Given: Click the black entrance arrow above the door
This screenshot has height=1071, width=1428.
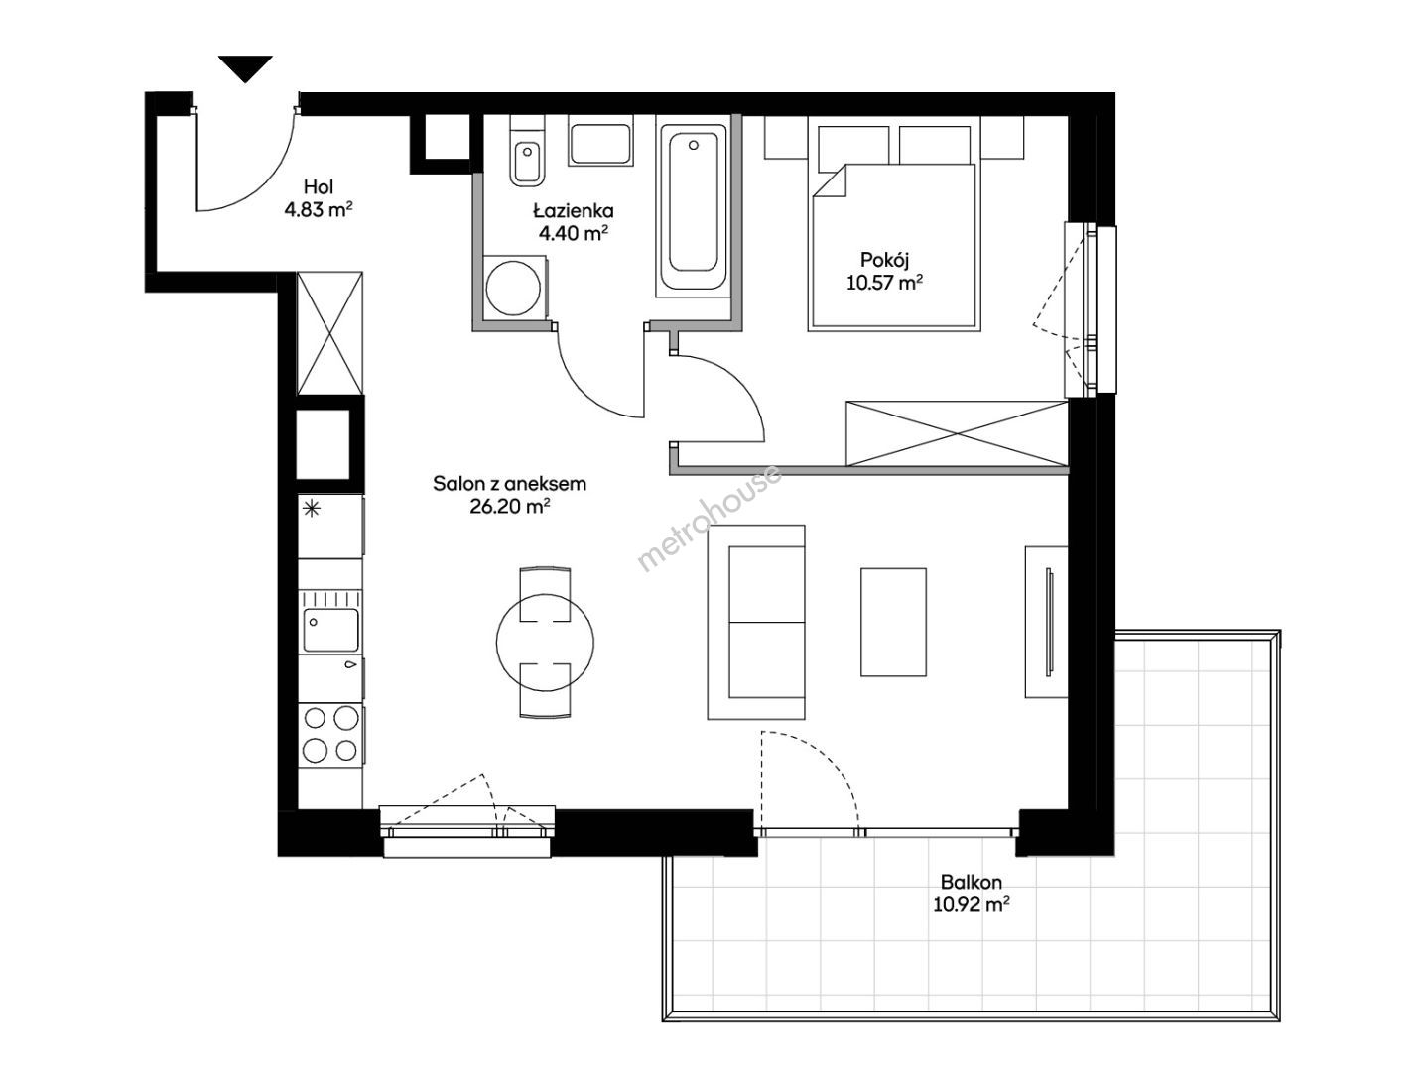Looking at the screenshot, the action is pos(245,68).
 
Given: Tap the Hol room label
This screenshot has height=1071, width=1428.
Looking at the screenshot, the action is pos(319,187).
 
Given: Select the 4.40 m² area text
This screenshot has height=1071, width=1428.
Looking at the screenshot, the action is pos(574,233).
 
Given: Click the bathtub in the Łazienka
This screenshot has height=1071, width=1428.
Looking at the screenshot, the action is pos(693,206).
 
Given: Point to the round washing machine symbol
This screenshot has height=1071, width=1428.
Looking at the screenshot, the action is pos(513,289).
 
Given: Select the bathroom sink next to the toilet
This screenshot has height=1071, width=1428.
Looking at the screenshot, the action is pos(599,141).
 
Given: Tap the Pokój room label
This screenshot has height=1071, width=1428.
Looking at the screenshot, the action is pos(884,260).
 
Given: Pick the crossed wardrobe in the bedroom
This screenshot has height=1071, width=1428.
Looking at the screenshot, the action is pos(957,433).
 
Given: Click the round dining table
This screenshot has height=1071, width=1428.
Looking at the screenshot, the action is pos(545,642).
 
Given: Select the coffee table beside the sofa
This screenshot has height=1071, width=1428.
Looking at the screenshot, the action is pos(893,622).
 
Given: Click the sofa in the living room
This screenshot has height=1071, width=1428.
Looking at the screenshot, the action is pos(756,622).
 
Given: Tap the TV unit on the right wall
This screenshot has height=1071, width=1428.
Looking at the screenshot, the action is pos(1046,622).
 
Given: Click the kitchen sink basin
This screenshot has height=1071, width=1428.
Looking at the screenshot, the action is pos(331,630).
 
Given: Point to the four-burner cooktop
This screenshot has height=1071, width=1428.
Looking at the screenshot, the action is pos(330,735).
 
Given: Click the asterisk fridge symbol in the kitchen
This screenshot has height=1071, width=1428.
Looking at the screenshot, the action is pos(313,509).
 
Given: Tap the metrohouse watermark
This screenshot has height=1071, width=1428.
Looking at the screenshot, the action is pos(709,518).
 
